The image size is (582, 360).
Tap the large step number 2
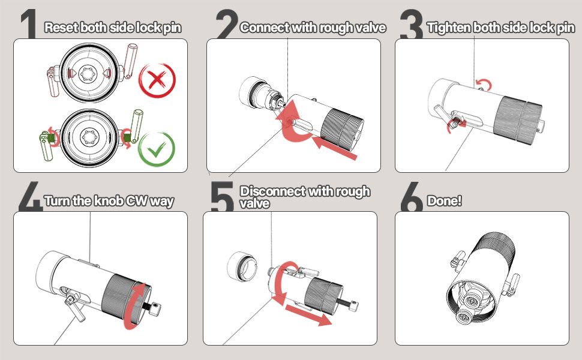coord(227,25)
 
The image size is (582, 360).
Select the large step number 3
coord(411,25)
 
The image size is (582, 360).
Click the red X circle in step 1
coord(157,80)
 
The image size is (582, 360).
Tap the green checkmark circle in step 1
coord(157,147)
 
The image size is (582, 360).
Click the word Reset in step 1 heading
coord(61,28)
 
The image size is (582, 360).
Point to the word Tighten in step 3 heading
coord(449,28)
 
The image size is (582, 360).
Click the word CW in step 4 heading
coord(137,201)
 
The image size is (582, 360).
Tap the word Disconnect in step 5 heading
coord(273,192)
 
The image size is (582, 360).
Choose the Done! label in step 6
coord(444,201)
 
